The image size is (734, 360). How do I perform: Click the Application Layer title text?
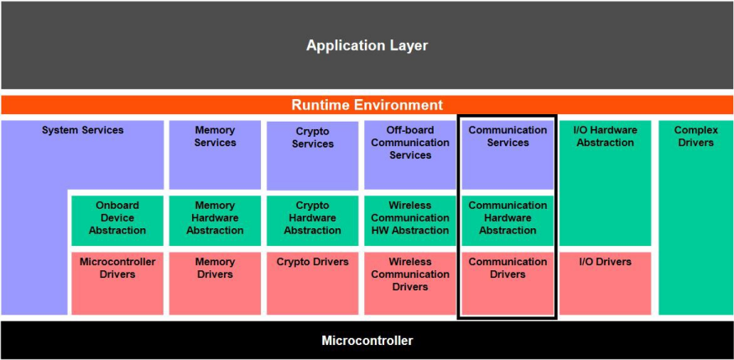367,45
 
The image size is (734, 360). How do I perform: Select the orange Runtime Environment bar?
367,106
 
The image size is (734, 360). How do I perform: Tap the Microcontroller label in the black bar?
367,341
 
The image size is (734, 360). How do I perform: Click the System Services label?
83,130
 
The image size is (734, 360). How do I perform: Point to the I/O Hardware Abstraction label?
605,137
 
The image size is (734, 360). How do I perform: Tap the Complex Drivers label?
695,137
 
